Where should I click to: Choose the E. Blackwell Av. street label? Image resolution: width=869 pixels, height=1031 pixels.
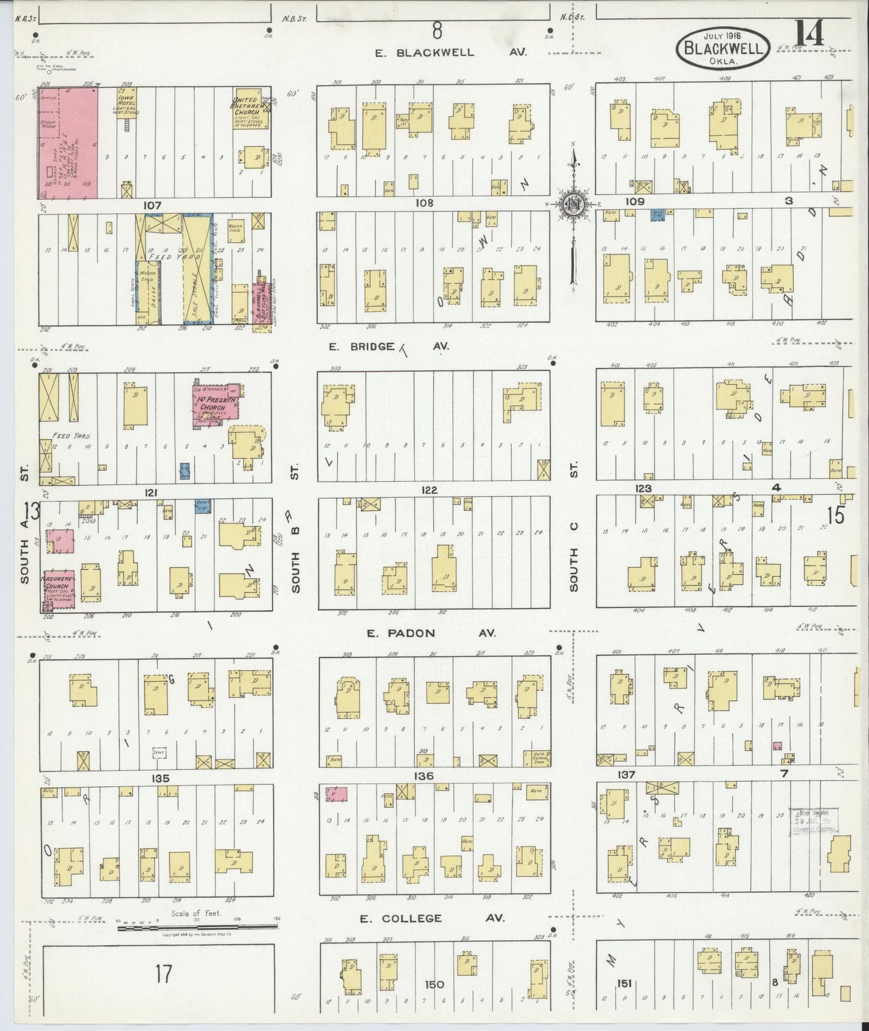450,52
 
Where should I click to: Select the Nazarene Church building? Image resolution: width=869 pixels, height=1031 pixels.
58,589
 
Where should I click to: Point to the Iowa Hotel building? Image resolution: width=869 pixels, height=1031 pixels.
127,103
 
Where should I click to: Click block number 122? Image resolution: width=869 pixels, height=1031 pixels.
429,490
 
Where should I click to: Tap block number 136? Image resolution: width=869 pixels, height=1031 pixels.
425,776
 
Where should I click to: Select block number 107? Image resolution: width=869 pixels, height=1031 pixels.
152,205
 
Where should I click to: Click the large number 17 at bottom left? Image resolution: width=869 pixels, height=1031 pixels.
163,973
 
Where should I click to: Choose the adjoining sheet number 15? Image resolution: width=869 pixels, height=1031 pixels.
835,515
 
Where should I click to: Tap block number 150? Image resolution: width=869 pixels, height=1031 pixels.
434,984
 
